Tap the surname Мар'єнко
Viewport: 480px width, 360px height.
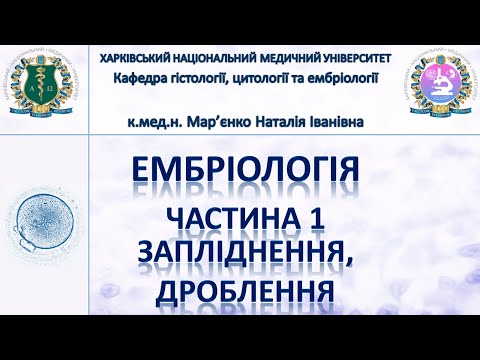[x=230, y=122]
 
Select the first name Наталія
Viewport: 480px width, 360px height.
[x=293, y=122]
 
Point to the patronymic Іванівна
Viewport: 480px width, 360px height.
[x=346, y=122]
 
